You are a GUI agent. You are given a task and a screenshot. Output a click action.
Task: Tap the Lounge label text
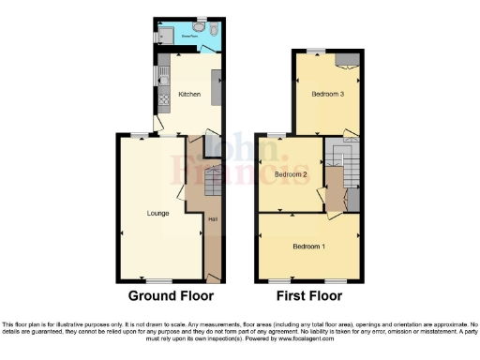pos(157,213)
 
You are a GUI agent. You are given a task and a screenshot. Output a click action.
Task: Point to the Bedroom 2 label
pos(292,174)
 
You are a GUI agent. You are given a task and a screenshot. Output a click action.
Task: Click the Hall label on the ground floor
pos(213,219)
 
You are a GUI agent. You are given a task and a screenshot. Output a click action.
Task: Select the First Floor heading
pos(309,295)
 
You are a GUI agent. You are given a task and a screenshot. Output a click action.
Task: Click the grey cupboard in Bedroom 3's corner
pos(347,59)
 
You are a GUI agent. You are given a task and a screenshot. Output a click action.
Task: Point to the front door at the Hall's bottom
pos(214,277)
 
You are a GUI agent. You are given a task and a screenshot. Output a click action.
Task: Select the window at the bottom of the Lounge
pos(157,281)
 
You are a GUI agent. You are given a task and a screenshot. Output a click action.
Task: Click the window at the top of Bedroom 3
pos(317,49)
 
